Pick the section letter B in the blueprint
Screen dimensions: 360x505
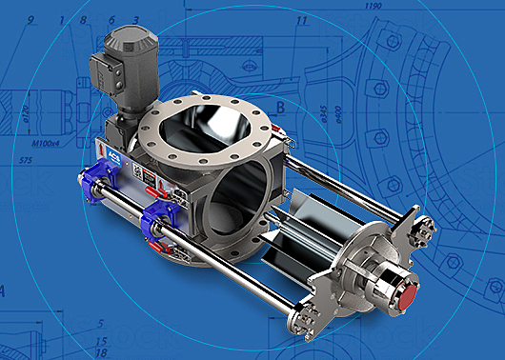(281, 106)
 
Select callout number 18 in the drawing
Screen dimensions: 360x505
(102, 352)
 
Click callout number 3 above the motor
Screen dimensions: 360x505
(135, 20)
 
